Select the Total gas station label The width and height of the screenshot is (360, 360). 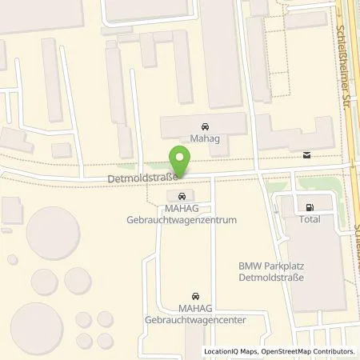[310, 218]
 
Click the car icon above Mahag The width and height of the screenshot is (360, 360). [205, 126]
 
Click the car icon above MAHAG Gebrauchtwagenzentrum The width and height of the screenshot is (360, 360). [182, 197]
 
